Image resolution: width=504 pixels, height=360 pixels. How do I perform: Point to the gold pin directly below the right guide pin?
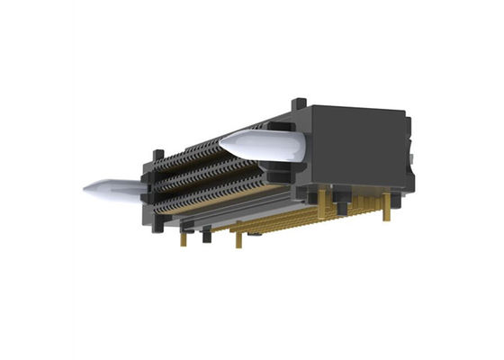click(342, 206)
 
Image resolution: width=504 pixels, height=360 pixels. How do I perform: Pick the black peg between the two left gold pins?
click(206, 236)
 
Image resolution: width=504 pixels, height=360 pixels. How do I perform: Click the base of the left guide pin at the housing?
click(142, 187)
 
